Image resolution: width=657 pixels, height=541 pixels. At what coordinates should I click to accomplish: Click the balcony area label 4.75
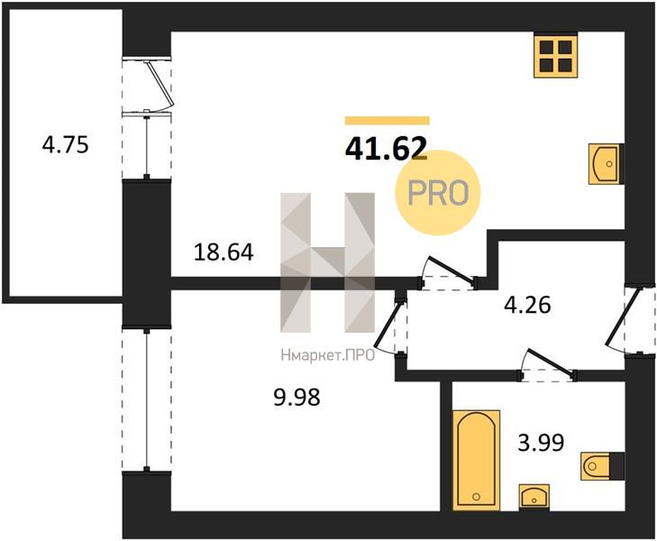[x=66, y=145]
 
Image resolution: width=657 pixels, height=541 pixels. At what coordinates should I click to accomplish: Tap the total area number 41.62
[x=386, y=149]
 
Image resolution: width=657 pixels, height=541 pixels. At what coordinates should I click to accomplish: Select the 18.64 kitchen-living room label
[x=224, y=252]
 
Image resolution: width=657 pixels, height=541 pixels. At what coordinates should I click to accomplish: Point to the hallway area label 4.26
[x=527, y=305]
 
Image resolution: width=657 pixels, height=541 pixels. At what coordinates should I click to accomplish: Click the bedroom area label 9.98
[x=297, y=397]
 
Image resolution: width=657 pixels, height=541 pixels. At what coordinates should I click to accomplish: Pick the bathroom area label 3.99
[x=541, y=443]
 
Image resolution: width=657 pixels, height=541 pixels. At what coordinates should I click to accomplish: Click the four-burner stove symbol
[x=555, y=55]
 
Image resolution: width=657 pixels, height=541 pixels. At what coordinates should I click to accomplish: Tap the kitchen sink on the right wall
[x=607, y=164]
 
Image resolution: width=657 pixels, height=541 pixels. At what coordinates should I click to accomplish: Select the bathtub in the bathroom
[x=476, y=461]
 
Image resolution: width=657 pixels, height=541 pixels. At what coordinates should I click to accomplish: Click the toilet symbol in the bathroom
[x=602, y=465]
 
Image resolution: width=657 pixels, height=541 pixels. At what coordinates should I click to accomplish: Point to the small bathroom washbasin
[x=534, y=497]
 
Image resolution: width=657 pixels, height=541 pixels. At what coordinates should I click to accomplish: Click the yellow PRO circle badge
[x=438, y=193]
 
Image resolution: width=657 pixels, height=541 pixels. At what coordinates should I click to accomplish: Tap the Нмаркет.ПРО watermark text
[x=328, y=356]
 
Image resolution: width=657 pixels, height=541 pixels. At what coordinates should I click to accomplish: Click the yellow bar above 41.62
[x=388, y=121]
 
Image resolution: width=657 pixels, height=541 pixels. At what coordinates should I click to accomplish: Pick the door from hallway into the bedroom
[x=389, y=325]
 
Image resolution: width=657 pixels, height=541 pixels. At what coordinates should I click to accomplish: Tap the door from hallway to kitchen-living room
[x=449, y=273]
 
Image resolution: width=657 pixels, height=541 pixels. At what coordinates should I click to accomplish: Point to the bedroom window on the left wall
[x=147, y=399]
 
